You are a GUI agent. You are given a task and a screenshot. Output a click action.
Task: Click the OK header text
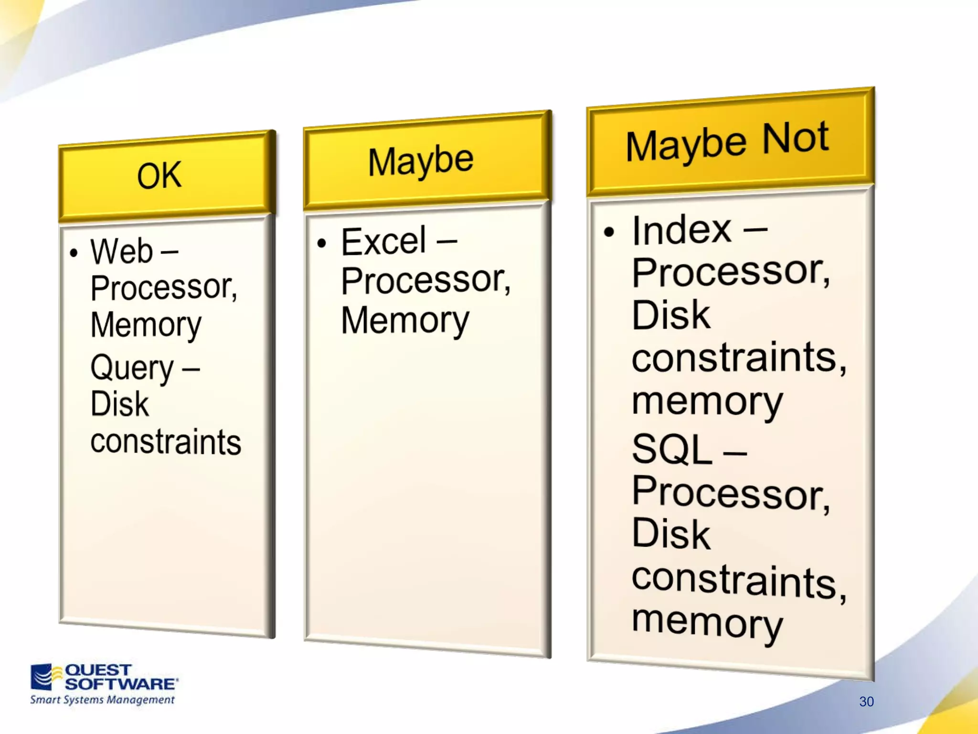click(159, 175)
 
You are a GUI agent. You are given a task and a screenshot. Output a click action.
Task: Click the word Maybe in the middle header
click(420, 162)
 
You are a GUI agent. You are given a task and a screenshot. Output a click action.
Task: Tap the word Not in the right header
click(795, 139)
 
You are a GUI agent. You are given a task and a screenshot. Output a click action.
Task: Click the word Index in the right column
click(681, 231)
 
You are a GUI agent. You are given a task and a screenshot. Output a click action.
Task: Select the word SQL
click(672, 450)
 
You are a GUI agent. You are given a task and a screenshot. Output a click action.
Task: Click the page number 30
click(866, 702)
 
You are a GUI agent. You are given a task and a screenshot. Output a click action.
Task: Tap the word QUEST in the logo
click(98, 670)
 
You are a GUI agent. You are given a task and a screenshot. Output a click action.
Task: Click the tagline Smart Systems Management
click(102, 700)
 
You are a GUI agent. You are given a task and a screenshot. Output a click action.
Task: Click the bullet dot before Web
click(74, 253)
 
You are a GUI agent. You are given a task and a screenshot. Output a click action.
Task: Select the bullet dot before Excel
click(322, 243)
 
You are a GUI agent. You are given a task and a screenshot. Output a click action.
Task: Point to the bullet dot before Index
click(609, 232)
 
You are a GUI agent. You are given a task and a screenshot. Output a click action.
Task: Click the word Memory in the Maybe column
click(405, 321)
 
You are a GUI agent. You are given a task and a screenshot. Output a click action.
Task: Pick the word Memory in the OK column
click(146, 325)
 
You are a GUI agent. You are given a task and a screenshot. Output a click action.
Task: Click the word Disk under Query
click(119, 404)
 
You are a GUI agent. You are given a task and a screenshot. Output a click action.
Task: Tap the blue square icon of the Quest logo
click(42, 677)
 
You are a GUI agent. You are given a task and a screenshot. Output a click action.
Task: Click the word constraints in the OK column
click(166, 442)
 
